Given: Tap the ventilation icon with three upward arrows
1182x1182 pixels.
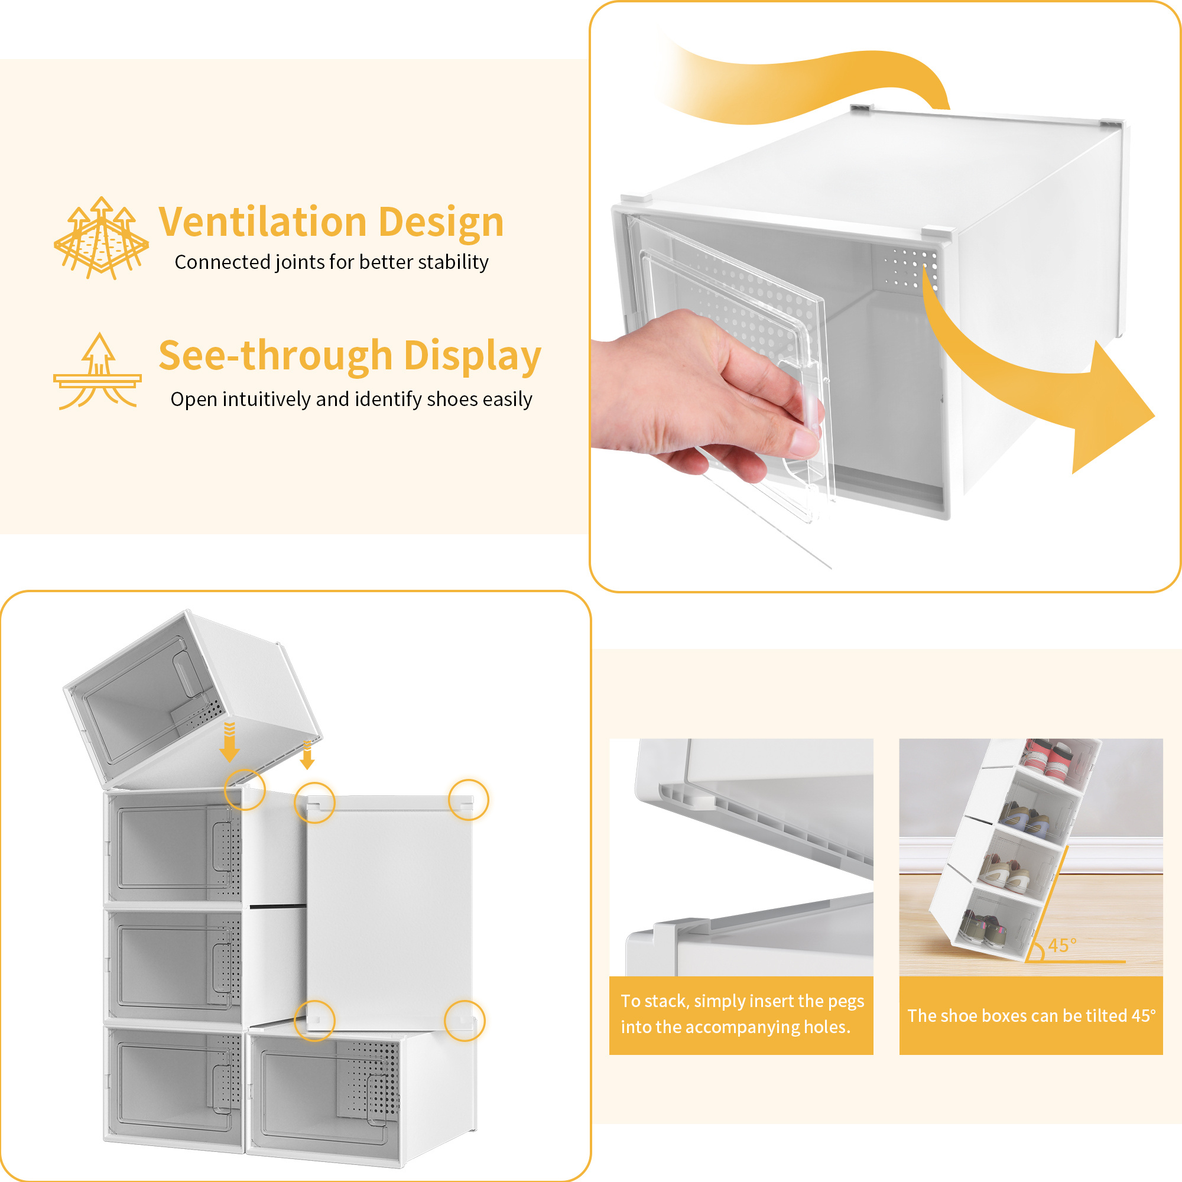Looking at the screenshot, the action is click(x=101, y=238).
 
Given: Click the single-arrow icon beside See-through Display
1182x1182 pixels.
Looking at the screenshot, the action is click(x=98, y=371).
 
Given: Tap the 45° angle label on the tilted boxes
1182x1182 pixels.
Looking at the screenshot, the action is click(x=1062, y=946).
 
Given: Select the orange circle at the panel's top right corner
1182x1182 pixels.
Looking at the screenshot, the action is click(x=469, y=800).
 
